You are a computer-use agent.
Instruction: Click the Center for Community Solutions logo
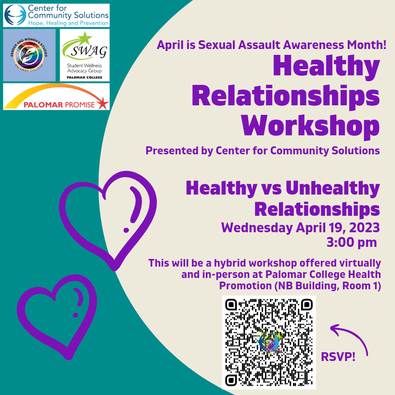pos(56,15)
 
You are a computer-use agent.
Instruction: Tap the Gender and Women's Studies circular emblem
pos(29,55)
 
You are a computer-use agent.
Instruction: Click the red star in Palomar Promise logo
pos(103,103)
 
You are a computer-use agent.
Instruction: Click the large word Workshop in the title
pos(310,126)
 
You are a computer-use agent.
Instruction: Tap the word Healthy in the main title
pos(327,66)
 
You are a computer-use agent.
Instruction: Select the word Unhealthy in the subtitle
pos(332,188)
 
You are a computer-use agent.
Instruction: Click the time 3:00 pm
pos(352,242)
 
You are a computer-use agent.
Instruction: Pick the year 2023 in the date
pos(365,227)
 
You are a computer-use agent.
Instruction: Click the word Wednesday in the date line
pos(257,228)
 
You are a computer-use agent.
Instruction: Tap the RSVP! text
pos(338,357)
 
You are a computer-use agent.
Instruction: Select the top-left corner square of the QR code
pos(231,305)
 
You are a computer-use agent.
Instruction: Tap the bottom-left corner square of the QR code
pos(231,380)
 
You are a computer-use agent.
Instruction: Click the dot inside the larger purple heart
pos(126,230)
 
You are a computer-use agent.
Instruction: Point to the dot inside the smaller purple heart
pos(75,315)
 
